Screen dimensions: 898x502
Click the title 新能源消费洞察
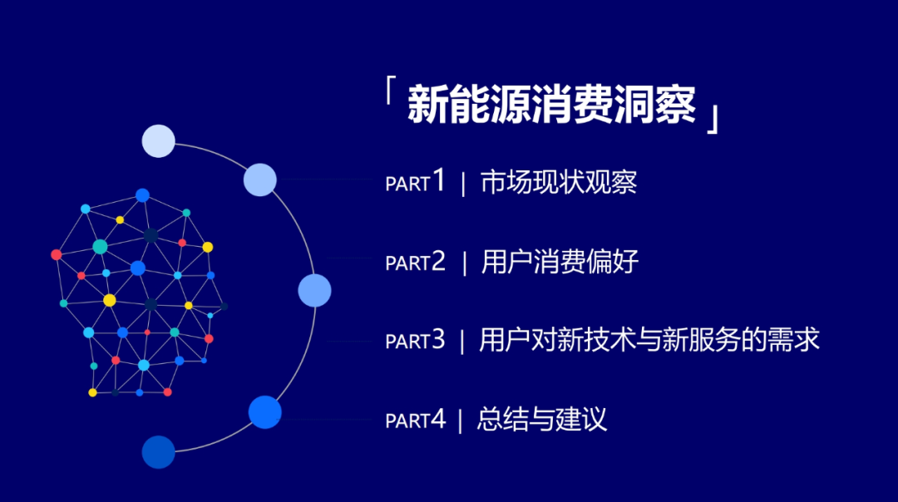pyautogui.click(x=551, y=104)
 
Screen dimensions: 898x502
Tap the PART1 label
pyautogui.click(x=415, y=181)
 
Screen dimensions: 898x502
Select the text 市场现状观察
pyautogui.click(x=559, y=182)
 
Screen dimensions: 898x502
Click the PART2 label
pyautogui.click(x=415, y=262)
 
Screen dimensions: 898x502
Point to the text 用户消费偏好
pyautogui.click(x=560, y=262)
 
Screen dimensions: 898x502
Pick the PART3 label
pyautogui.click(x=415, y=340)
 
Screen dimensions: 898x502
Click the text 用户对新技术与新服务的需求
pyautogui.click(x=649, y=339)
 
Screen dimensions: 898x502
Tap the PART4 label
pyautogui.click(x=415, y=419)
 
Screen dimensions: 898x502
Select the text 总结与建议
pyautogui.click(x=542, y=419)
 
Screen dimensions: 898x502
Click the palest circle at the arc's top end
pyautogui.click(x=158, y=140)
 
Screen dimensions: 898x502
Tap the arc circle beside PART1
pyautogui.click(x=260, y=180)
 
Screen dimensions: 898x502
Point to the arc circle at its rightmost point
pyautogui.click(x=314, y=290)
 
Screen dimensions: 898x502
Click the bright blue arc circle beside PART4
pyautogui.click(x=264, y=412)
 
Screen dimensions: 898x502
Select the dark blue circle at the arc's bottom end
pyautogui.click(x=158, y=452)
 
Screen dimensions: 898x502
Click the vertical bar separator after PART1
pyautogui.click(x=463, y=184)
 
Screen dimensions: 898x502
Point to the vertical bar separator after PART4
pyautogui.click(x=460, y=421)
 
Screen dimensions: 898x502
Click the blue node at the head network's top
pyautogui.click(x=143, y=195)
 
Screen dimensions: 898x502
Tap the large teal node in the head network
pyautogui.click(x=101, y=247)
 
